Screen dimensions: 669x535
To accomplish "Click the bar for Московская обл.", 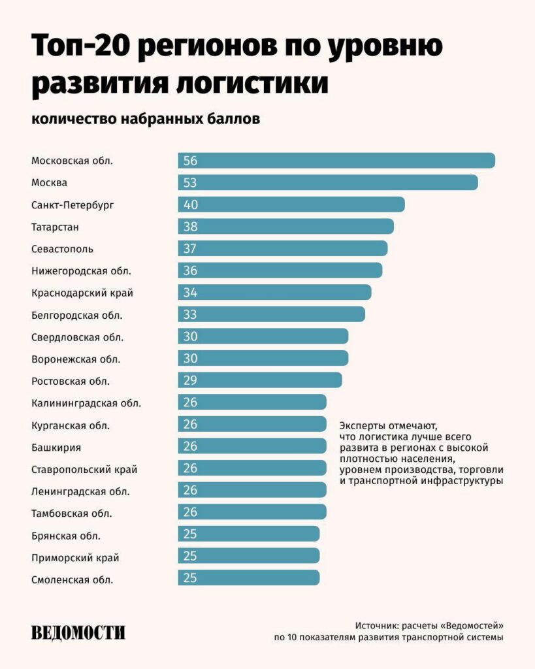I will pyautogui.click(x=336, y=161).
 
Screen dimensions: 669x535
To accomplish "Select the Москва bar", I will pyautogui.click(x=328, y=183).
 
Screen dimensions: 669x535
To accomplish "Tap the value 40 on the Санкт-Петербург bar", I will pyautogui.click(x=191, y=205).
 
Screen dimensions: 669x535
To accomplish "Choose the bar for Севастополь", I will pyautogui.click(x=283, y=249).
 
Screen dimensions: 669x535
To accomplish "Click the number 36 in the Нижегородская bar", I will pyautogui.click(x=191, y=270).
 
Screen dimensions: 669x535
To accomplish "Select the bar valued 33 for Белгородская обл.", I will pyautogui.click(x=272, y=315).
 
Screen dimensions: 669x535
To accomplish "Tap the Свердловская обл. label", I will pyautogui.click(x=77, y=337).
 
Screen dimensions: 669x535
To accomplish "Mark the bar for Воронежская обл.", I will pyautogui.click(x=263, y=359).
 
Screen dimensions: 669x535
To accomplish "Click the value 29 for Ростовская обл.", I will pyautogui.click(x=191, y=381).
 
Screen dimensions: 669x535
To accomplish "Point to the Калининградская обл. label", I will pyautogui.click(x=86, y=403).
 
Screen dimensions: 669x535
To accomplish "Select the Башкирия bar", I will pyautogui.click(x=252, y=447).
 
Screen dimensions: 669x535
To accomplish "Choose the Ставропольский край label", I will pyautogui.click(x=84, y=469).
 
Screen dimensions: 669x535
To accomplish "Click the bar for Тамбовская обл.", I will pyautogui.click(x=252, y=513).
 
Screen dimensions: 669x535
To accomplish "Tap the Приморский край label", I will pyautogui.click(x=75, y=557).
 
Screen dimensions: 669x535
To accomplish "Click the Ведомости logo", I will pyautogui.click(x=78, y=632).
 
